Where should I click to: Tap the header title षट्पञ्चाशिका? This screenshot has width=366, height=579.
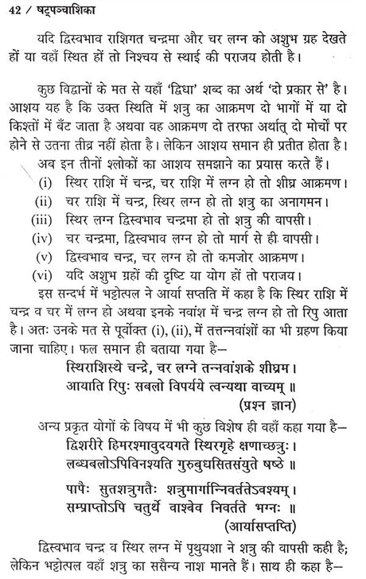tap(56, 11)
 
